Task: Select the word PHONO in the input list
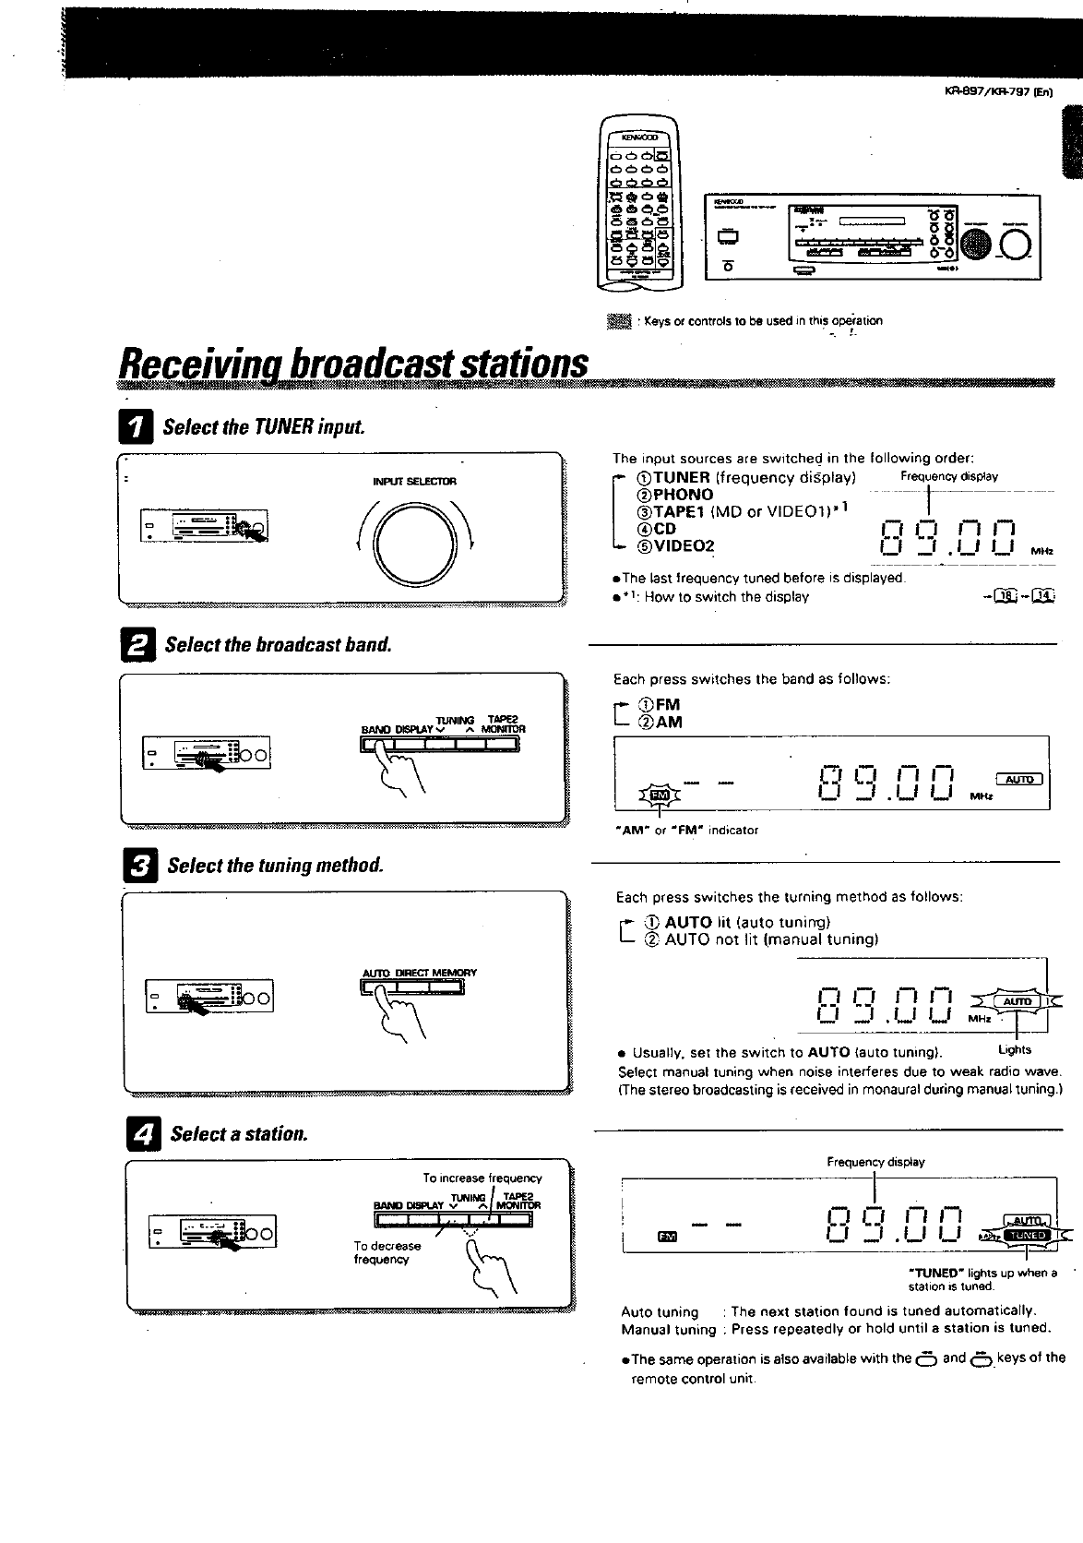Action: pyautogui.click(x=683, y=495)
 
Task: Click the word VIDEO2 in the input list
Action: pyautogui.click(x=684, y=545)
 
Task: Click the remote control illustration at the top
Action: pyautogui.click(x=638, y=203)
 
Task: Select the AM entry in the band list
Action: pyautogui.click(x=668, y=723)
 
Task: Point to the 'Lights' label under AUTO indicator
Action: pyautogui.click(x=1015, y=1049)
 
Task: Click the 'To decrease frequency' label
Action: pyautogui.click(x=387, y=1252)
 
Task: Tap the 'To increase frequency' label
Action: pyautogui.click(x=482, y=1178)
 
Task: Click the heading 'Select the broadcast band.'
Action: pyautogui.click(x=278, y=644)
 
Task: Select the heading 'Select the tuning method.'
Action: pyautogui.click(x=274, y=866)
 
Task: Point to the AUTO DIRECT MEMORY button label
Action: pyautogui.click(x=419, y=973)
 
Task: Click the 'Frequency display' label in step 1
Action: pyautogui.click(x=949, y=477)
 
